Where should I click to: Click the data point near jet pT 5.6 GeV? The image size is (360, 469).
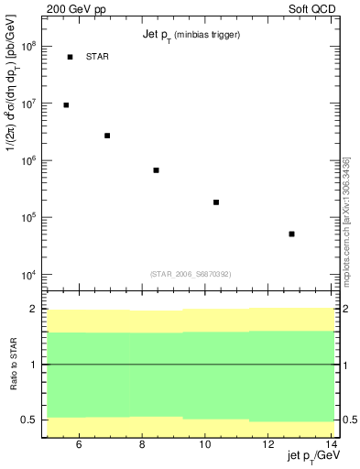click(66, 105)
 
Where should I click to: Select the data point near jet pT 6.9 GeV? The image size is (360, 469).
click(107, 136)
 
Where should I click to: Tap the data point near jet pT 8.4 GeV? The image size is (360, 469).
click(157, 170)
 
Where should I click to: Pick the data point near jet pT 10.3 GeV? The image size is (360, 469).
click(216, 202)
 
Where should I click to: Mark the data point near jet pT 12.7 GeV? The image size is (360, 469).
click(291, 234)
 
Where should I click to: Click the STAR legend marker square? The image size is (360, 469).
click(70, 57)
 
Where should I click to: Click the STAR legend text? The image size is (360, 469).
click(96, 57)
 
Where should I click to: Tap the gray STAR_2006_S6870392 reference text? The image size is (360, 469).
click(191, 274)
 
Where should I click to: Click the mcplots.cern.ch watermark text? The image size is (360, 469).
click(346, 220)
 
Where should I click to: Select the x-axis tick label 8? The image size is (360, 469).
click(142, 445)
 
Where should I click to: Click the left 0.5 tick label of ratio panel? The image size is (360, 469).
click(29, 420)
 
